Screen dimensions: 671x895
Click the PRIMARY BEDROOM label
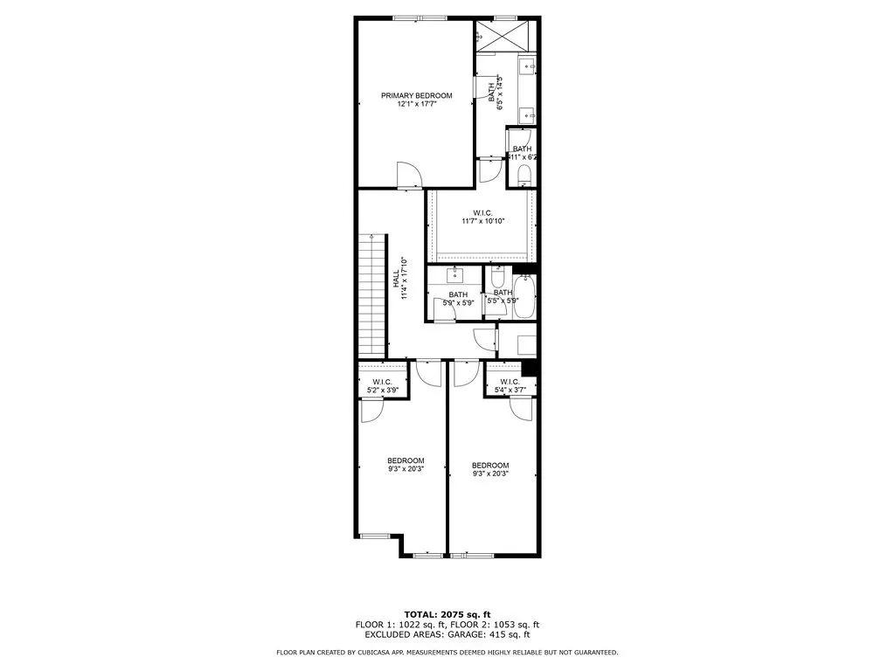click(x=416, y=95)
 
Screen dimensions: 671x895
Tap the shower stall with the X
click(x=506, y=36)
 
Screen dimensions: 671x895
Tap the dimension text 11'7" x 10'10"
click(x=483, y=221)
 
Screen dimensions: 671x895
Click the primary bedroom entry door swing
click(x=408, y=175)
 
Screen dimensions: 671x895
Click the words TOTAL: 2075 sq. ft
click(x=447, y=613)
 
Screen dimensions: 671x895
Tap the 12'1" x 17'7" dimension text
click(x=416, y=105)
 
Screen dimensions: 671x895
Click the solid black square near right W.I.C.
click(x=528, y=368)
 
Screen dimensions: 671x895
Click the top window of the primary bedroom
click(x=417, y=17)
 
